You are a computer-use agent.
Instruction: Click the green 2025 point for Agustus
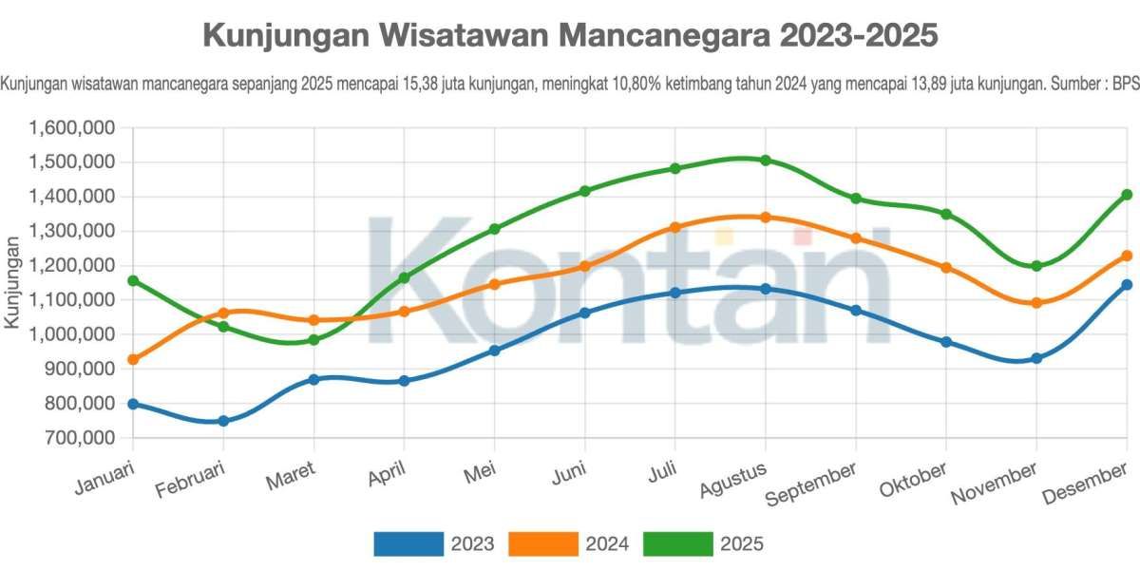click(x=765, y=161)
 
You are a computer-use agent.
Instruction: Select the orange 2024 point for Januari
click(x=133, y=360)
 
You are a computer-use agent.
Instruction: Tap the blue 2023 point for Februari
click(x=223, y=421)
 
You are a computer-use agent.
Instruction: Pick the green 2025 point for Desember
click(x=1127, y=195)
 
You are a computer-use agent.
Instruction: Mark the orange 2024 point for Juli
click(x=674, y=228)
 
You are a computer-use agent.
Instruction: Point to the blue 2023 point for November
click(x=1036, y=358)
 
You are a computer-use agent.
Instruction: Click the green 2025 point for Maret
click(x=313, y=340)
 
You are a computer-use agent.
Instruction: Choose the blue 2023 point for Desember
click(x=1127, y=285)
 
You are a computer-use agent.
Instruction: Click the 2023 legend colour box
click(x=408, y=543)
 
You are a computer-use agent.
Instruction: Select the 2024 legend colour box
click(x=543, y=543)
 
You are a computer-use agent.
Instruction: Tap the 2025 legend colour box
click(x=678, y=543)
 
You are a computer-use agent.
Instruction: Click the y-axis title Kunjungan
click(x=12, y=282)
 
